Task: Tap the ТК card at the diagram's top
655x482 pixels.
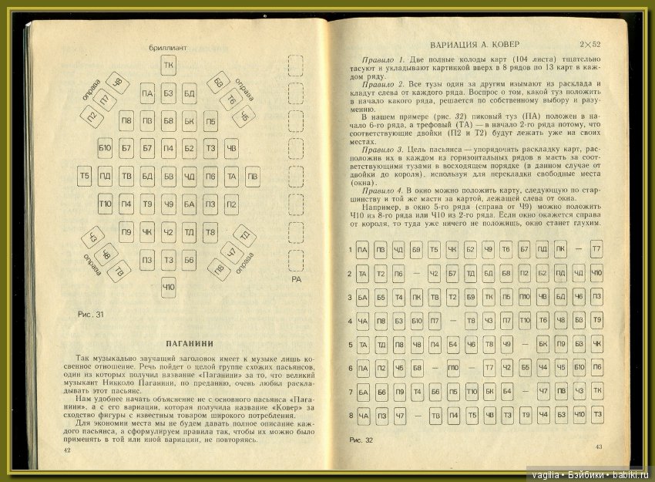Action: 168,65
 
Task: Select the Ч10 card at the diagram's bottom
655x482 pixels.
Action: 168,288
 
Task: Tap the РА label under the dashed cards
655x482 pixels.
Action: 295,280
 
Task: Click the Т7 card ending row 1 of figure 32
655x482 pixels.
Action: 596,249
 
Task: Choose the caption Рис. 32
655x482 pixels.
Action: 361,440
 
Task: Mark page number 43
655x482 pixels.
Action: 598,447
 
